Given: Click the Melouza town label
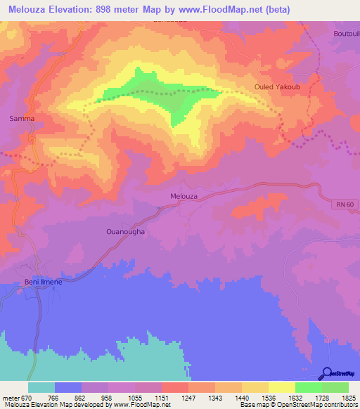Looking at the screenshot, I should (x=184, y=196).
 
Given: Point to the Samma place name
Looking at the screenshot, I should (x=22, y=119).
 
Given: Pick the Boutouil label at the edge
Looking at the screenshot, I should (x=346, y=34).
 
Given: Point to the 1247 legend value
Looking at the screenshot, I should (x=188, y=397).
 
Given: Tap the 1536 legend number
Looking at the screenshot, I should (x=269, y=397).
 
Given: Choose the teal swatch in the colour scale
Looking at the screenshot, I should (x=41, y=387).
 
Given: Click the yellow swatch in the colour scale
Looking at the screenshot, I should (x=281, y=387).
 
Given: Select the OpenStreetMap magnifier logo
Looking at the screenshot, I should (x=326, y=374).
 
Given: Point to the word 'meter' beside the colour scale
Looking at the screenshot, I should (x=12, y=397).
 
